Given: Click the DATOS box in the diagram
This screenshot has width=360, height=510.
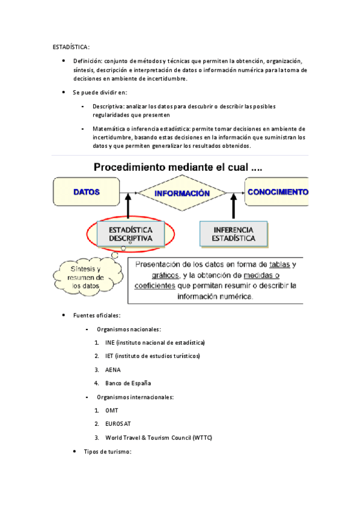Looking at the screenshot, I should point(87,192).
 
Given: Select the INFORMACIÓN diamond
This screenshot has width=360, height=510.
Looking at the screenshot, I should point(182,193).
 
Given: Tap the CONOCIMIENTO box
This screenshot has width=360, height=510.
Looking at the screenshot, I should point(277,192).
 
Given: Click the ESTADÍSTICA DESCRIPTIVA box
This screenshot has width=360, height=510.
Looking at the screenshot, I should point(130,234).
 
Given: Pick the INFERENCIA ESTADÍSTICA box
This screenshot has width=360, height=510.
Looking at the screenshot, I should point(233,234).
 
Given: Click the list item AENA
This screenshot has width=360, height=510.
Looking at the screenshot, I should point(113,369).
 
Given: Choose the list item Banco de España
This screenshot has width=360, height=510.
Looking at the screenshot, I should point(128,383).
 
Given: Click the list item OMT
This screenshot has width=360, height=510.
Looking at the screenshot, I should point(112,410).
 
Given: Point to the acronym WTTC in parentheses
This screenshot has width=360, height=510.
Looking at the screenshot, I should point(202,437).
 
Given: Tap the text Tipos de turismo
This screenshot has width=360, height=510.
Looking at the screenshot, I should point(107,451).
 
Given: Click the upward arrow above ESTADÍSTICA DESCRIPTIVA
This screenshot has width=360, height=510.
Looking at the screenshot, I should point(128,208).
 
